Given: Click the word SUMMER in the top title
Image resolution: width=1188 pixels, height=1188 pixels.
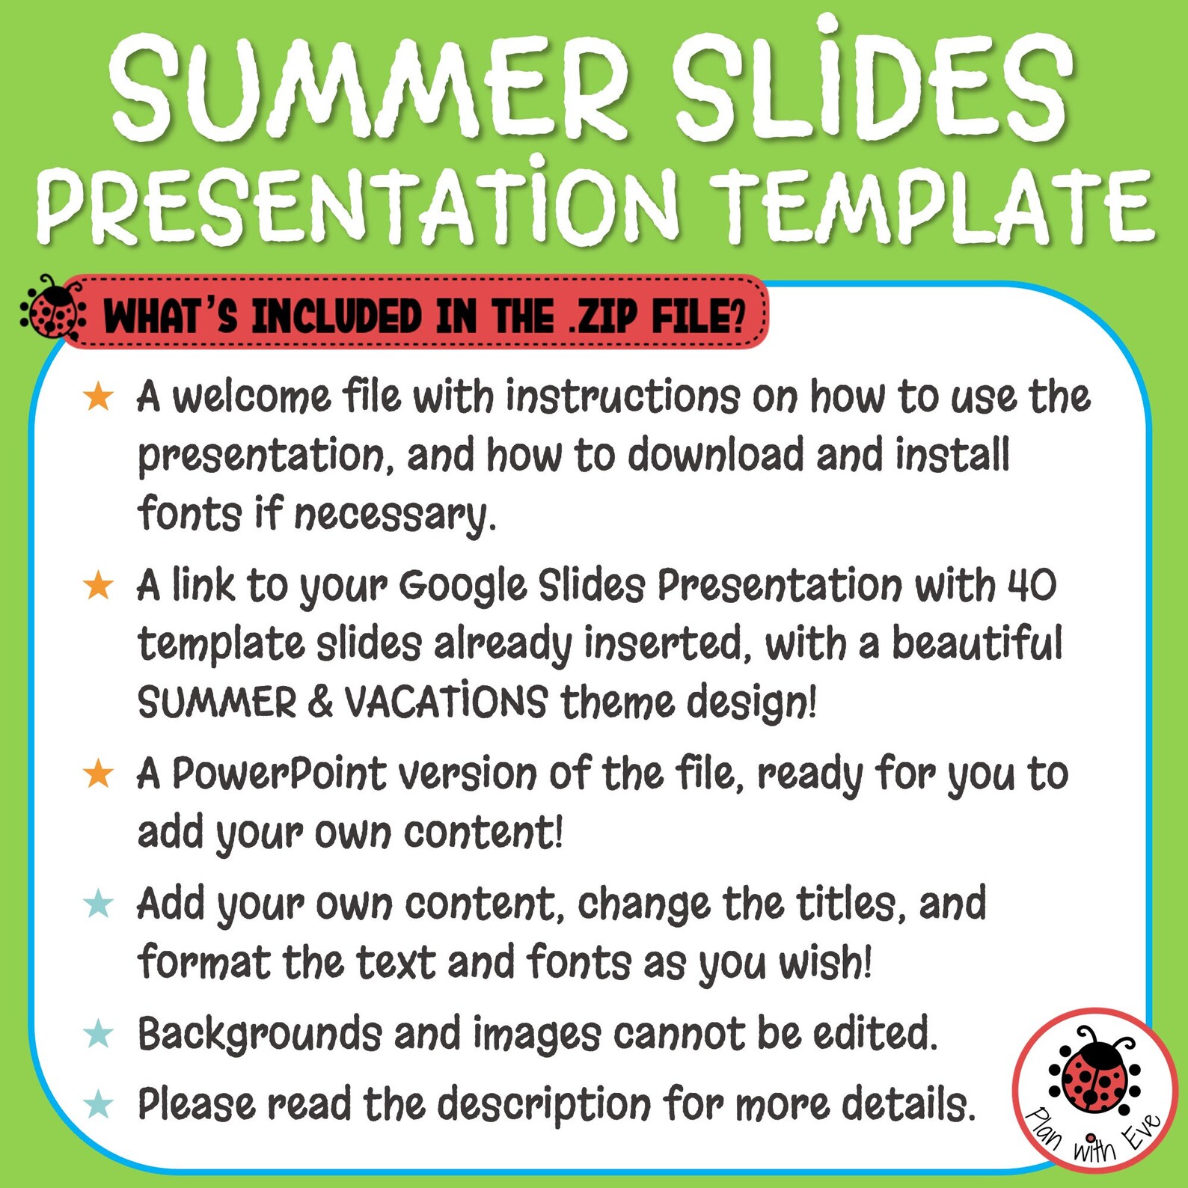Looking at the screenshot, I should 370,86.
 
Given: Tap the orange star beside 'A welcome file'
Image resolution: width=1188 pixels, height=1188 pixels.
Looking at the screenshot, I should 98,396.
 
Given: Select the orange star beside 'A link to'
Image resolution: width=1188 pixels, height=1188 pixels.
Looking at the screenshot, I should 98,585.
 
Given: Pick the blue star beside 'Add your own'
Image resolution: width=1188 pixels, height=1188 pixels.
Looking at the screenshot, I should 98,904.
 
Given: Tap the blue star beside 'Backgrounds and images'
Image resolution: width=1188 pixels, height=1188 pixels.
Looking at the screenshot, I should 98,1034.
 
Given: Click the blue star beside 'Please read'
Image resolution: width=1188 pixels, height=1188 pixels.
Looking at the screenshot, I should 98,1104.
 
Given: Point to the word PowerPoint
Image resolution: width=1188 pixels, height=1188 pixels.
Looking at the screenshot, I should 279,774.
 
